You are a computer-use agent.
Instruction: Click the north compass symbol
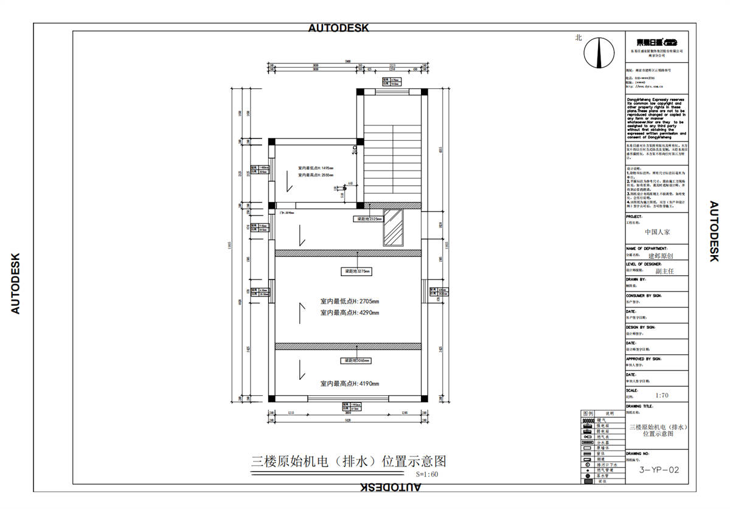(x=599, y=54)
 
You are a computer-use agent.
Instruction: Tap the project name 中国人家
(x=658, y=232)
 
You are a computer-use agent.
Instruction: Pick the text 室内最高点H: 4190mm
(x=350, y=384)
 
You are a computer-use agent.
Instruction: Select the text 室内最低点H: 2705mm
(x=350, y=301)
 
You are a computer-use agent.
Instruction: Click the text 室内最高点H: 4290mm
(x=350, y=312)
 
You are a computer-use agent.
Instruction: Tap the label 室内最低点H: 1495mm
(x=316, y=167)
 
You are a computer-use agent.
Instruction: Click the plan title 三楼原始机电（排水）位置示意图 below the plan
(x=353, y=461)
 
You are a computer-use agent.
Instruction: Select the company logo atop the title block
(x=657, y=42)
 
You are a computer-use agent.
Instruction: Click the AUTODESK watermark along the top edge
(x=338, y=27)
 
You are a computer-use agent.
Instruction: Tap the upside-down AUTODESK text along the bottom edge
(x=390, y=487)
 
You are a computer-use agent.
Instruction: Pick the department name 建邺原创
(x=660, y=256)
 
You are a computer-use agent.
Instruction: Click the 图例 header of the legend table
(x=588, y=413)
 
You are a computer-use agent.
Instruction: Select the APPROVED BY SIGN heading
(x=648, y=359)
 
